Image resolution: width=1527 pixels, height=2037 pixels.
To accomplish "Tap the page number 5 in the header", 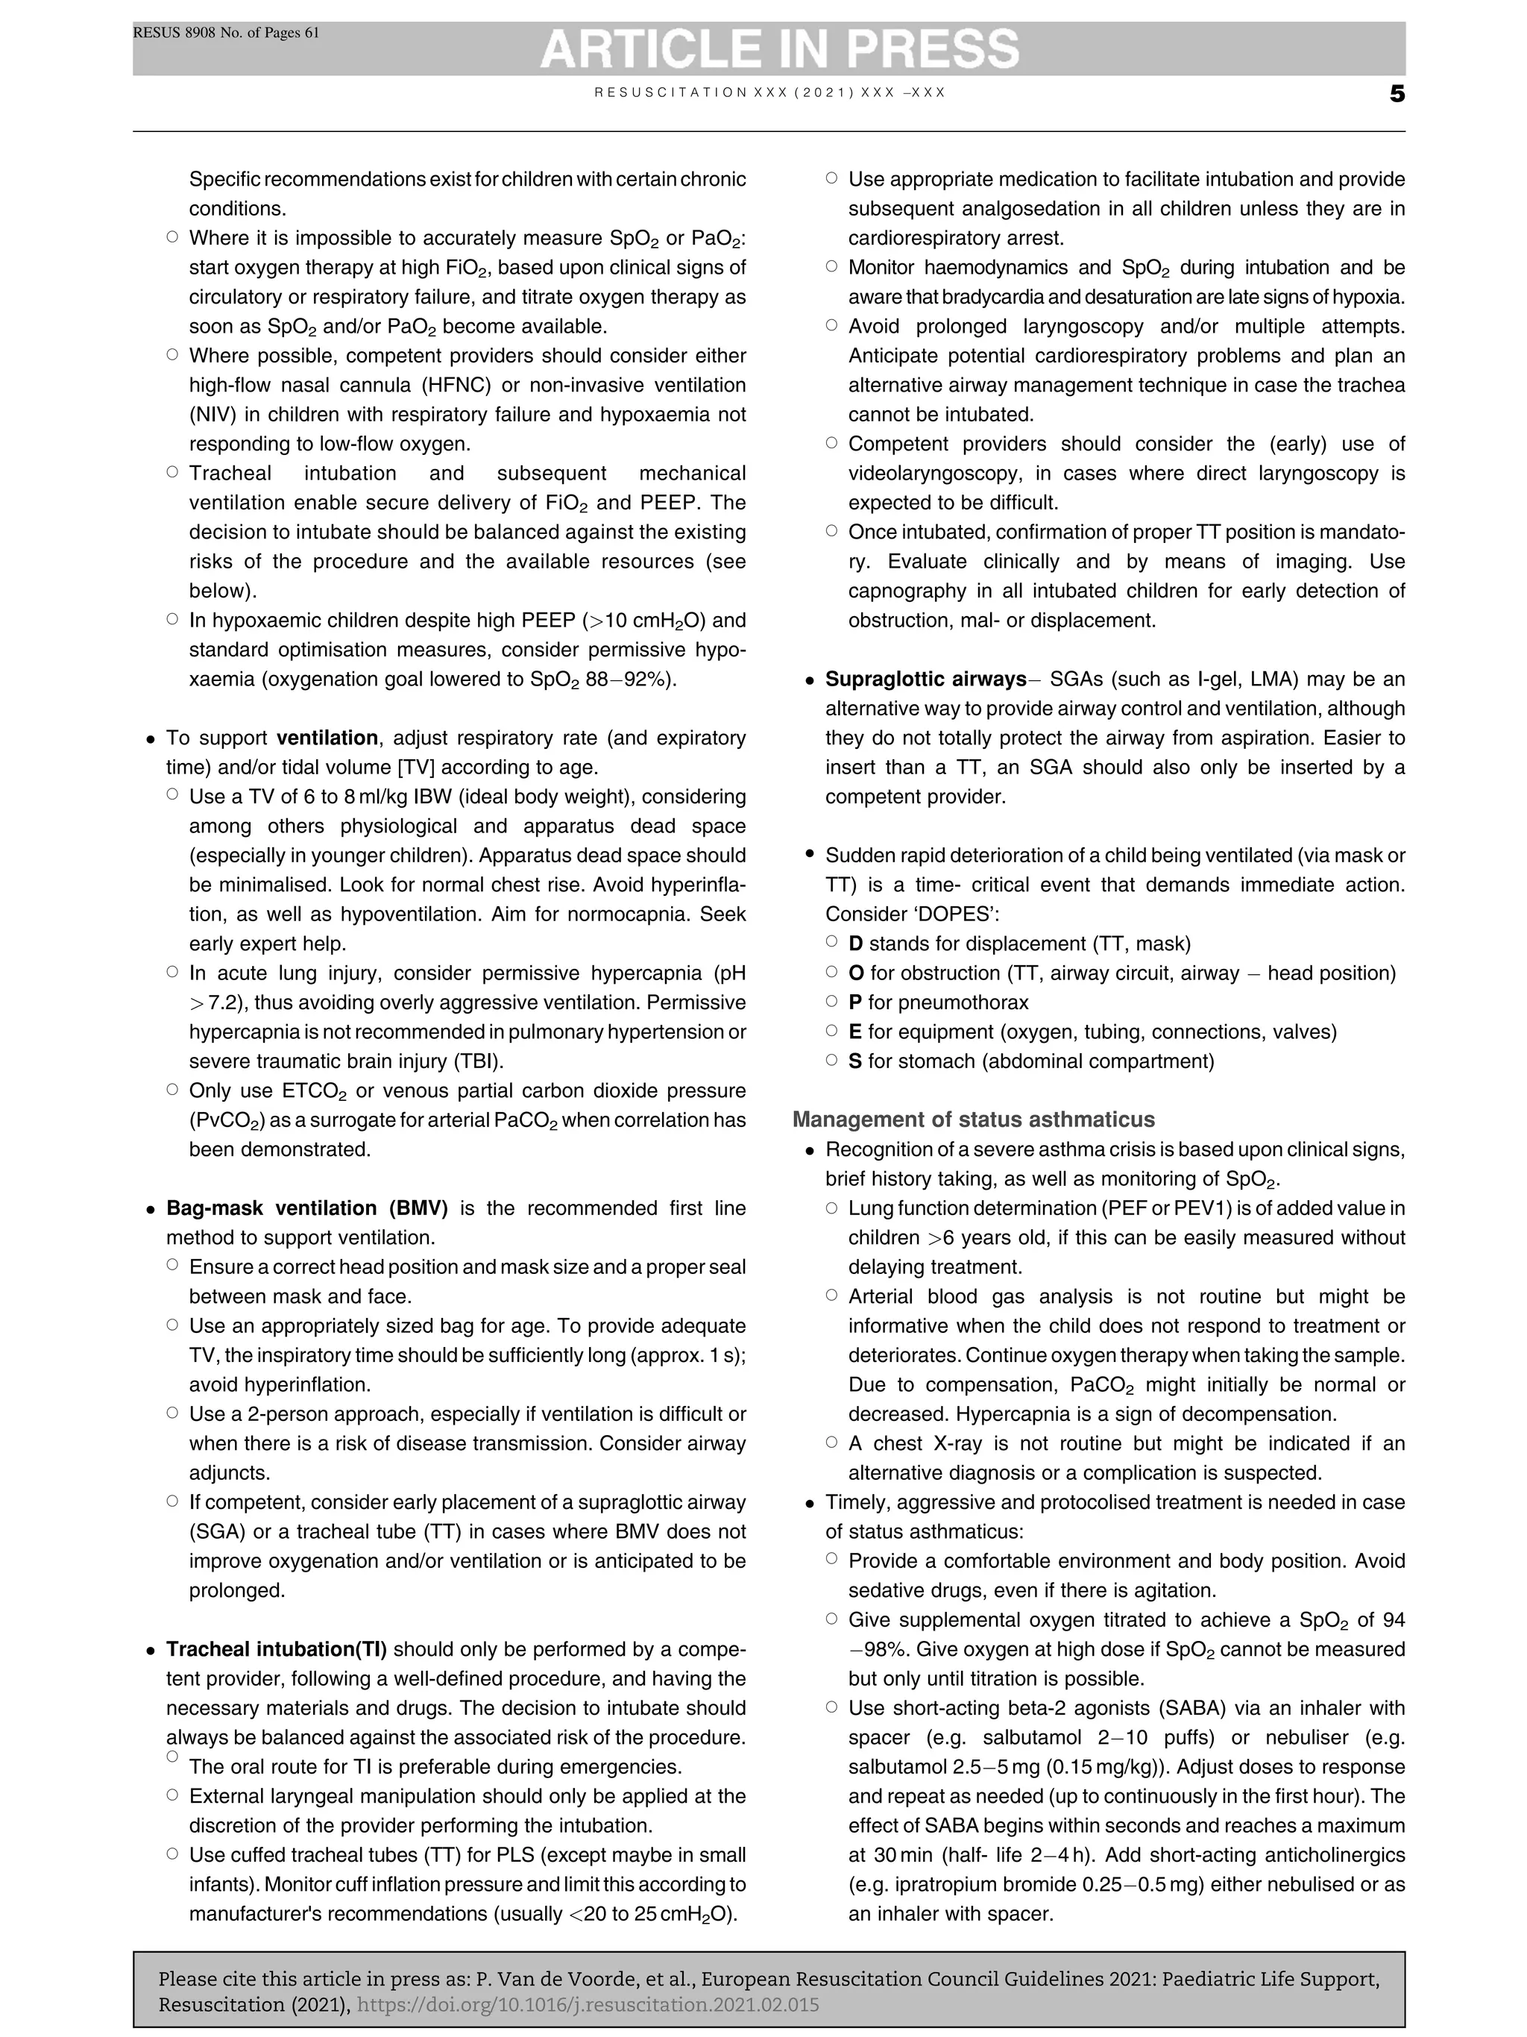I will (x=1397, y=94).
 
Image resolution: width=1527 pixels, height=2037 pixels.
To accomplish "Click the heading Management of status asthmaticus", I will (x=973, y=1119).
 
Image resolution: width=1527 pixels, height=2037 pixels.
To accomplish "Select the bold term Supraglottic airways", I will (x=925, y=679).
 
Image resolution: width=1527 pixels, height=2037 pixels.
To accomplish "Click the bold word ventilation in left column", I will (x=327, y=738).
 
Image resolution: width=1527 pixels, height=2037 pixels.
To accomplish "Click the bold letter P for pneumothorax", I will (x=855, y=1002).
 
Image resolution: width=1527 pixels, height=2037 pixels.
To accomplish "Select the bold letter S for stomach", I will (x=855, y=1061).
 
